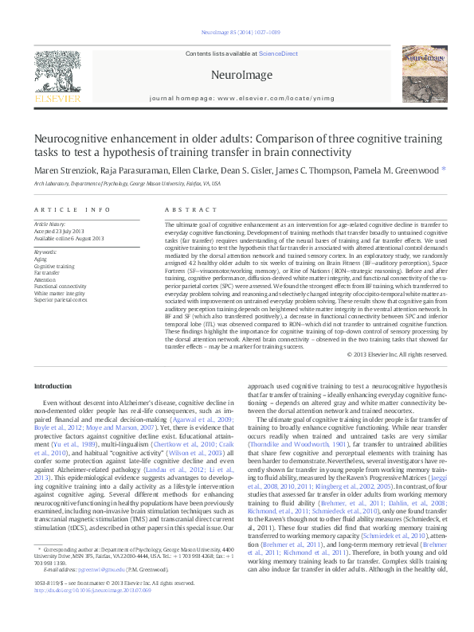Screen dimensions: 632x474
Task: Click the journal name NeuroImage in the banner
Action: coord(237,74)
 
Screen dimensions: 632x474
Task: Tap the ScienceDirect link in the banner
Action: coord(279,53)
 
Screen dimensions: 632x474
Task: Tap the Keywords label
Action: coord(45,252)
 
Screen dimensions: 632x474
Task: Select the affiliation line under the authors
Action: coord(127,182)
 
